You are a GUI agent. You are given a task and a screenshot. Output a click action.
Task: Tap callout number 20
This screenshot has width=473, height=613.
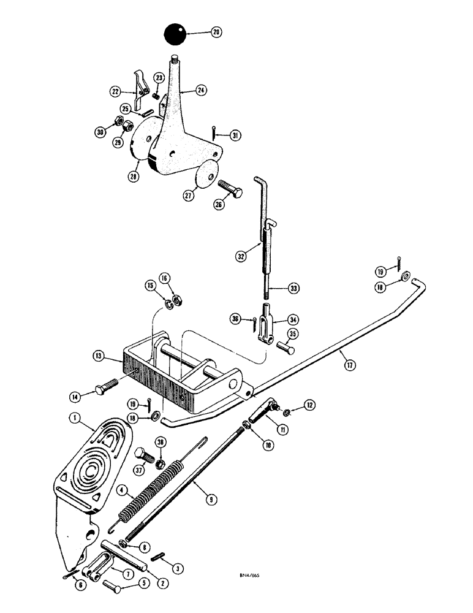click(216, 32)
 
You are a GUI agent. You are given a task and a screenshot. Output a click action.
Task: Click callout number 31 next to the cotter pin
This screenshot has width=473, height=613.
click(233, 135)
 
